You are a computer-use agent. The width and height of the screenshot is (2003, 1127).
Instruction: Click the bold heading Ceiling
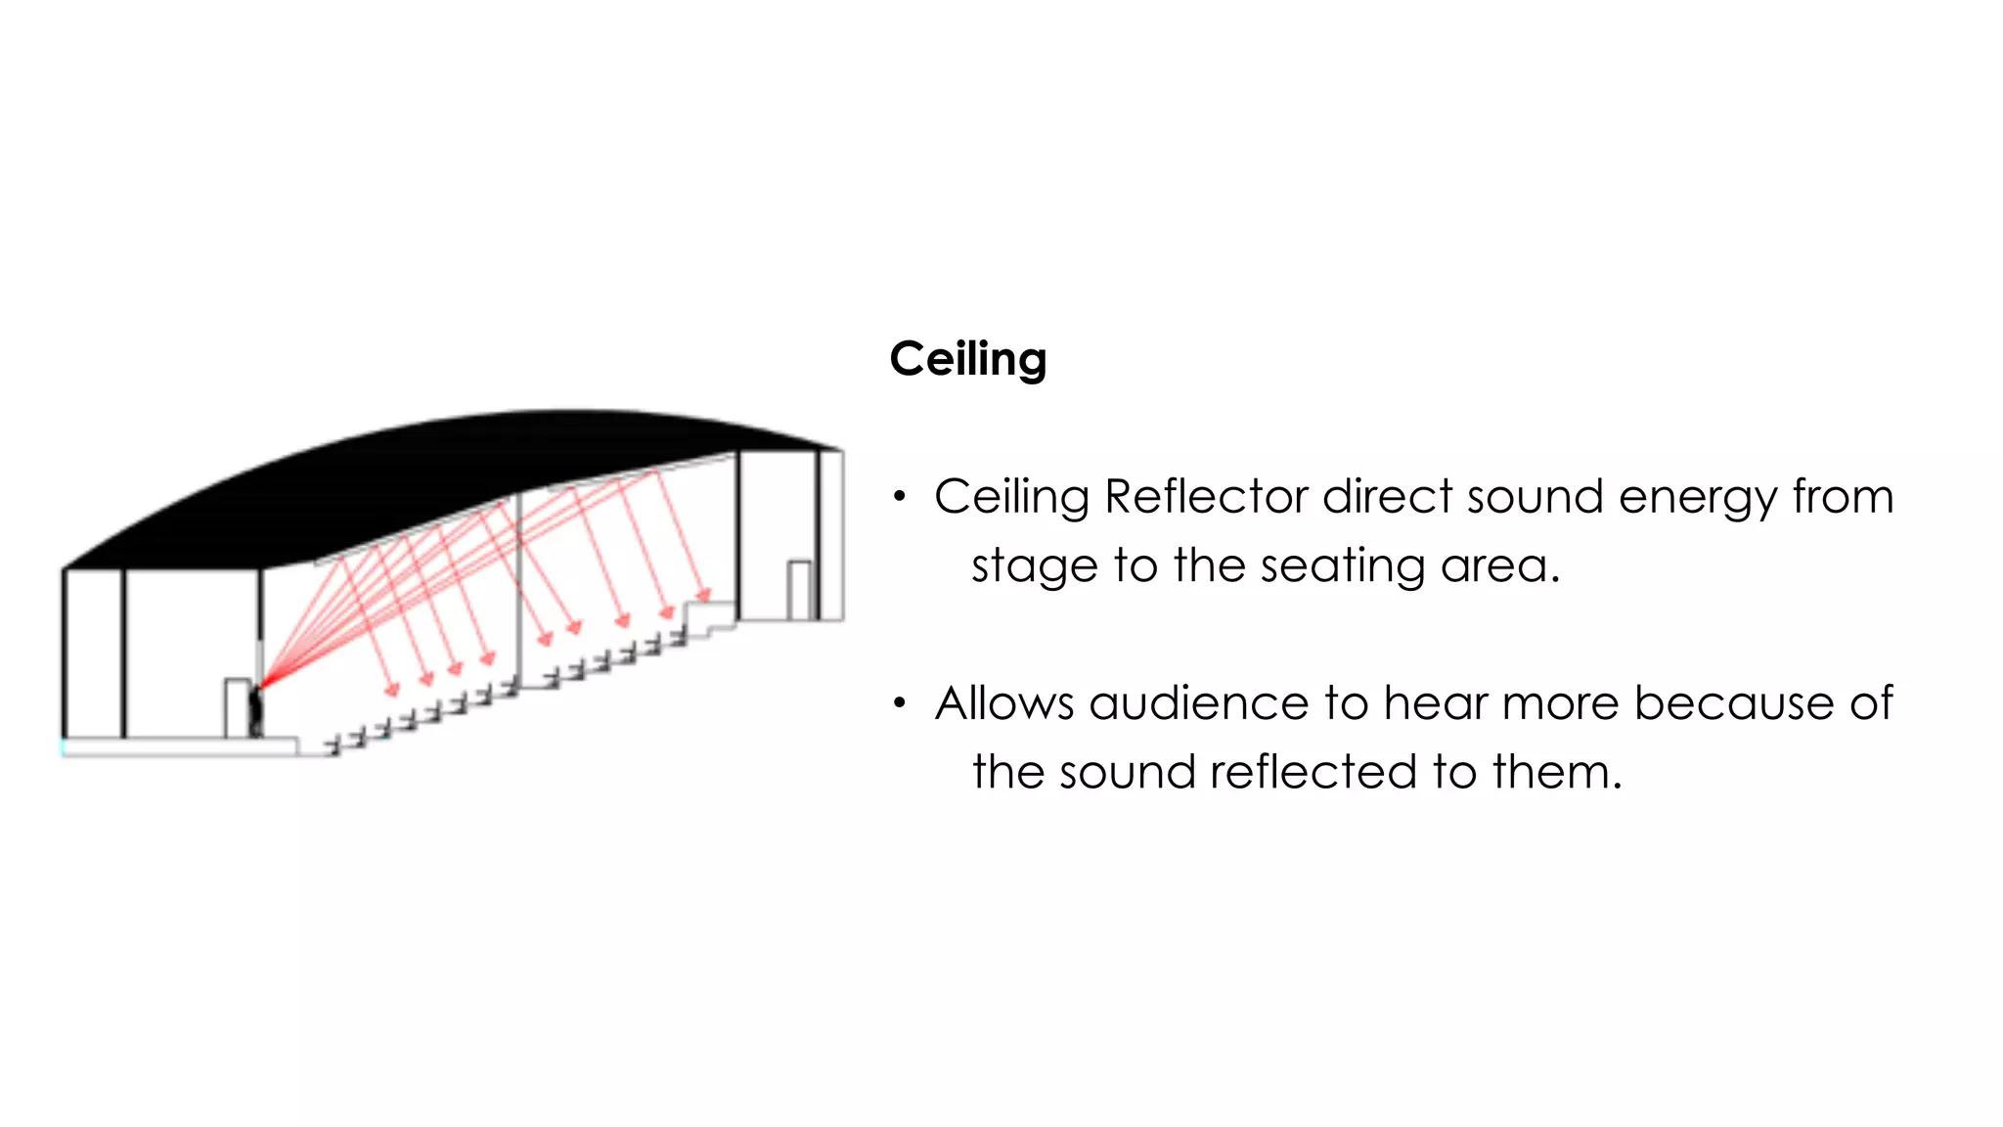(967, 359)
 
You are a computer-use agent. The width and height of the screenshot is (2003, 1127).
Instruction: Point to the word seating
(1329, 566)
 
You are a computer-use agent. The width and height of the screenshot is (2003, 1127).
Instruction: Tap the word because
(1733, 703)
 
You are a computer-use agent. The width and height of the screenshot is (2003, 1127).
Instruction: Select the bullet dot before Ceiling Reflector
(900, 497)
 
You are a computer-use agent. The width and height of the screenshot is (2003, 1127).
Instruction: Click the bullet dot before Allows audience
(900, 703)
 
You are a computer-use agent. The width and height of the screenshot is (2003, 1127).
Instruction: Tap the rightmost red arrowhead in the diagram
(703, 595)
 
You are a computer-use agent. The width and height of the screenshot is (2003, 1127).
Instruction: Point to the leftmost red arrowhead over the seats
(392, 691)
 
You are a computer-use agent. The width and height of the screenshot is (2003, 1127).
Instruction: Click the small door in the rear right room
(799, 590)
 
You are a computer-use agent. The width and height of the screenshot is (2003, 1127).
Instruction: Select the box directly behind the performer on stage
(237, 707)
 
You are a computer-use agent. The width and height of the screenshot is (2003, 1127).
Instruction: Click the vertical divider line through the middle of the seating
(518, 587)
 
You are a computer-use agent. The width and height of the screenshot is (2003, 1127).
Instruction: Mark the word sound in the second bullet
(1127, 772)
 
